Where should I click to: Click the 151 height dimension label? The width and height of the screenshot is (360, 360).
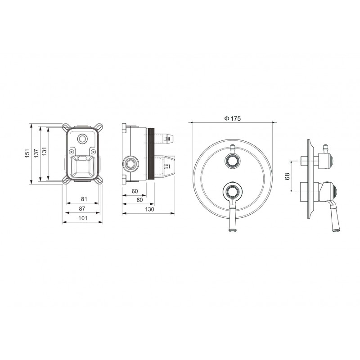tap(27, 153)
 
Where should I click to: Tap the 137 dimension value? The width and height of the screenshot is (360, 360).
tap(36, 153)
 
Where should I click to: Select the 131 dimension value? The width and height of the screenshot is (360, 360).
tap(44, 151)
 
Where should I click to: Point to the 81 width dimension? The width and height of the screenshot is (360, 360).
tap(84, 199)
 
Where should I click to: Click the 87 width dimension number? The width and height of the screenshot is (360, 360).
tap(82, 209)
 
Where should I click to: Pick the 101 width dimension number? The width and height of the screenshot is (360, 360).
tap(83, 218)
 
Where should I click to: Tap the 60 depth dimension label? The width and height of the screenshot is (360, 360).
tap(135, 191)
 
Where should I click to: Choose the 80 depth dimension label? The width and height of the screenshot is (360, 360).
tap(139, 200)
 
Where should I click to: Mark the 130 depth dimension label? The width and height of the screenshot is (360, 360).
tap(150, 209)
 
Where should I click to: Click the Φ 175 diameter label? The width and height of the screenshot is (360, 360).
tap(232, 118)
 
